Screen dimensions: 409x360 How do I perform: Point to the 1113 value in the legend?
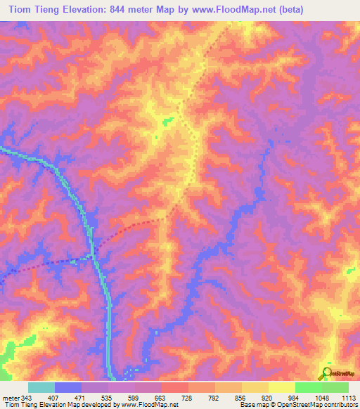tap(347, 397)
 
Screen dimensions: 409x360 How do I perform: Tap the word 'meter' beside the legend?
tap(11, 397)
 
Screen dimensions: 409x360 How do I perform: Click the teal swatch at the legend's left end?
tap(41, 387)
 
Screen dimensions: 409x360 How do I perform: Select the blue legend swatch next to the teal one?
tap(68, 387)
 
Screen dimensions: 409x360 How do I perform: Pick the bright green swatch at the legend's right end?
tap(335, 387)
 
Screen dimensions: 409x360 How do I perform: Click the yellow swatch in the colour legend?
tap(281, 387)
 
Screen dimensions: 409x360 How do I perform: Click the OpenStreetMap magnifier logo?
tap(326, 373)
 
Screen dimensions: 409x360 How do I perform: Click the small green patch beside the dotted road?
tap(167, 122)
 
